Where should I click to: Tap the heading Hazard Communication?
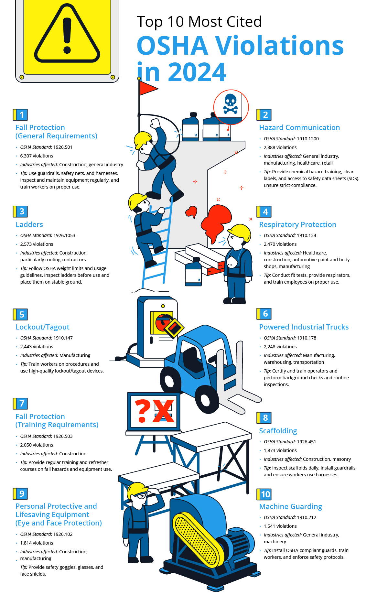pyautogui.click(x=299, y=127)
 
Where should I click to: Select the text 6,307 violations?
pyautogui.click(x=37, y=156)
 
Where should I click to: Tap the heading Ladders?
pyautogui.click(x=29, y=224)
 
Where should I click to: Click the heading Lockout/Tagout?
pyautogui.click(x=42, y=327)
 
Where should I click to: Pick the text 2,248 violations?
pyautogui.click(x=280, y=347)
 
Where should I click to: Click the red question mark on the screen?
pyautogui.click(x=142, y=411)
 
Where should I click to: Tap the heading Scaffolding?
pyautogui.click(x=278, y=431)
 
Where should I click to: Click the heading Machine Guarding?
pyautogui.click(x=290, y=506)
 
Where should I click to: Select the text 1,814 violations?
pyautogui.click(x=37, y=543)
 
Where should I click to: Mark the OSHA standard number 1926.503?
pyautogui.click(x=63, y=436)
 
